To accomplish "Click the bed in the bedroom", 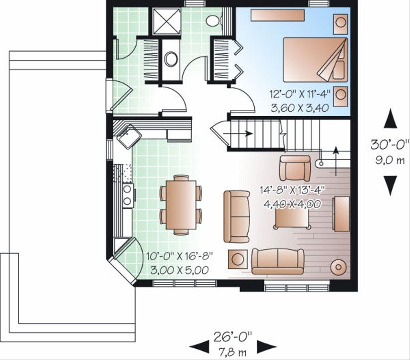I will pyautogui.click(x=314, y=60).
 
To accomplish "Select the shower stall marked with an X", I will pyautogui.click(x=167, y=21).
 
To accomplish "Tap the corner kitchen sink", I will pyautogui.click(x=128, y=137).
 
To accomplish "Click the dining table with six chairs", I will pyautogui.click(x=181, y=205).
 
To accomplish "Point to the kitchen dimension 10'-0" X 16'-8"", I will pyautogui.click(x=179, y=256).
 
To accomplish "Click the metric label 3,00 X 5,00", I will pyautogui.click(x=179, y=270).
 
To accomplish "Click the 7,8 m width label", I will pyautogui.click(x=232, y=353).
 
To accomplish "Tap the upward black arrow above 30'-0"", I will pyautogui.click(x=390, y=120).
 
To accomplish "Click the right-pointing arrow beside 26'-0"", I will pyautogui.click(x=266, y=346).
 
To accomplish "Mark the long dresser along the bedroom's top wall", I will pyautogui.click(x=277, y=15).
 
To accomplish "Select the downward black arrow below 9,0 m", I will pyautogui.click(x=390, y=185).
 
